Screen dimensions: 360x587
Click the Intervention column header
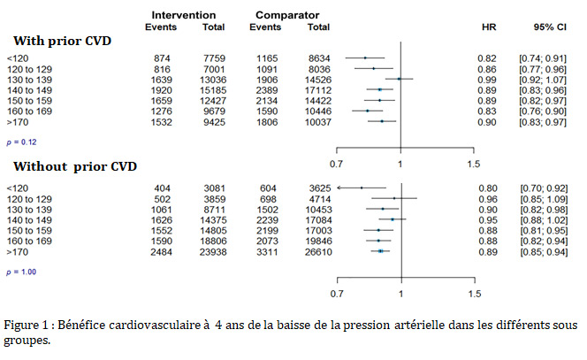[x=184, y=15]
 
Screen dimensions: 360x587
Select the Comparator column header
[x=287, y=15]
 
